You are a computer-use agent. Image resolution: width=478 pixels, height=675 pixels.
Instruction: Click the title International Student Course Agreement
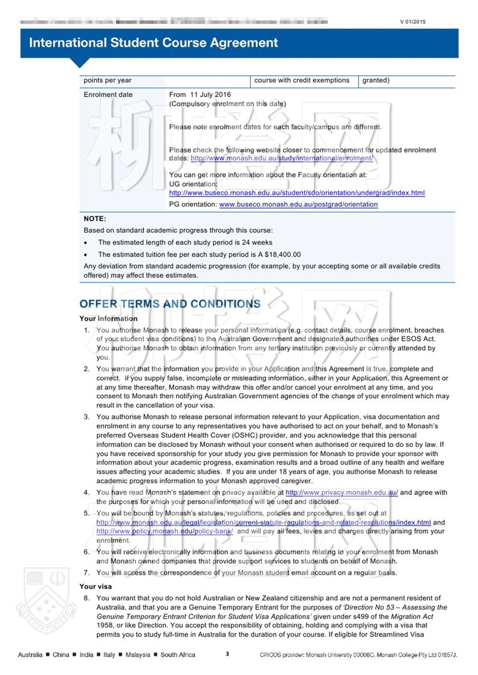(153, 43)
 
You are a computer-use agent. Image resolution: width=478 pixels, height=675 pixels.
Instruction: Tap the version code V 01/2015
(413, 22)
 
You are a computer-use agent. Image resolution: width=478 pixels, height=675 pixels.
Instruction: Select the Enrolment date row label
(108, 95)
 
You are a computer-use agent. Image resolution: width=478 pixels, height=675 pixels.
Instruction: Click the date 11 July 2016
(210, 95)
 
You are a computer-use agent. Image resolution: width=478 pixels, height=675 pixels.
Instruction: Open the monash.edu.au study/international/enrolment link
(282, 158)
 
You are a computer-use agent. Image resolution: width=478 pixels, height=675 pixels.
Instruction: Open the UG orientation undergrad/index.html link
(297, 193)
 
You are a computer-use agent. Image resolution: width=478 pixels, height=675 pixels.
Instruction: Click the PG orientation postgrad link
(298, 204)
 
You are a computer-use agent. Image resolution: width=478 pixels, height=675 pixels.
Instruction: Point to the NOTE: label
(95, 219)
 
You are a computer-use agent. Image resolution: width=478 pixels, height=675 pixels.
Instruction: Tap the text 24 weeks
(257, 243)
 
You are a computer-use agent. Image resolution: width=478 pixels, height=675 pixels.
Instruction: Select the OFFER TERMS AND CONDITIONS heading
(170, 304)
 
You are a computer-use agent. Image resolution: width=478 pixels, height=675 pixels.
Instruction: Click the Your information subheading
(108, 318)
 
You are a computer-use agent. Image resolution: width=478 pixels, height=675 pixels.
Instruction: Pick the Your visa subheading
(96, 586)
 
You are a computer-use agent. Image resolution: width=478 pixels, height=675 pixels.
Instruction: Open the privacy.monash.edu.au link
(341, 492)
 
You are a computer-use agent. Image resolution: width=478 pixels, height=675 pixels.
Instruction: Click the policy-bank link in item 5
(165, 531)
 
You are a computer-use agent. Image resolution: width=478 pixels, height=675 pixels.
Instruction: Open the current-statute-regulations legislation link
(263, 522)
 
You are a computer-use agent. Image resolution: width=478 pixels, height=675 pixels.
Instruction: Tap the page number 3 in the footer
(227, 654)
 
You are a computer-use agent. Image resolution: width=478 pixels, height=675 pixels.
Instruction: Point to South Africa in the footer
(178, 655)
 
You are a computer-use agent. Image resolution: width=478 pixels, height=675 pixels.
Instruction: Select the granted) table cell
(376, 81)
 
